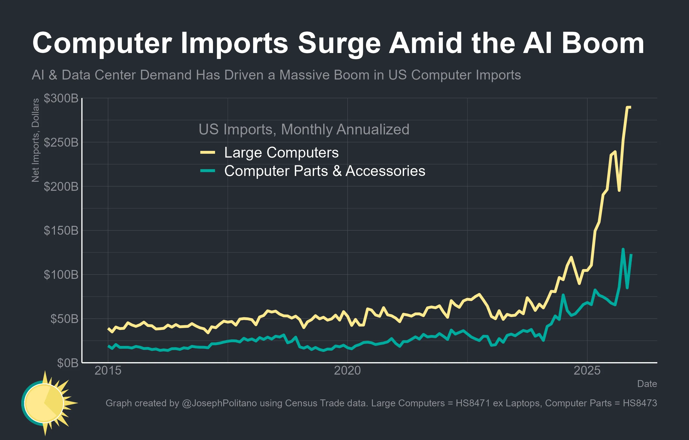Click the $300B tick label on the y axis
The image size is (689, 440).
(61, 98)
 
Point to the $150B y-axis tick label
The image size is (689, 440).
(61, 231)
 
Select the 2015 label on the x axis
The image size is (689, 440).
(108, 371)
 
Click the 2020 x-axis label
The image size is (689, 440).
(347, 371)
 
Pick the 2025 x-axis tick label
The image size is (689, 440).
(587, 371)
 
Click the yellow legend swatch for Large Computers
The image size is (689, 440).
(207, 153)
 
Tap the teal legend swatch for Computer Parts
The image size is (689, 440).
(207, 171)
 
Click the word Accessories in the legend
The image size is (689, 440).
(385, 171)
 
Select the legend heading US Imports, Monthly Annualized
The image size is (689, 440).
(304, 129)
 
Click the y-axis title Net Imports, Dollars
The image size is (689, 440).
(36, 140)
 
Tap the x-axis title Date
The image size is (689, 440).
(647, 384)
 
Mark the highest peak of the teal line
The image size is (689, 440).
(623, 249)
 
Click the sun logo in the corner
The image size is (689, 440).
(46, 403)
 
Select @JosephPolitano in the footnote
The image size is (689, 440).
(219, 403)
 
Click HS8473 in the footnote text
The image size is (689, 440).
(640, 403)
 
